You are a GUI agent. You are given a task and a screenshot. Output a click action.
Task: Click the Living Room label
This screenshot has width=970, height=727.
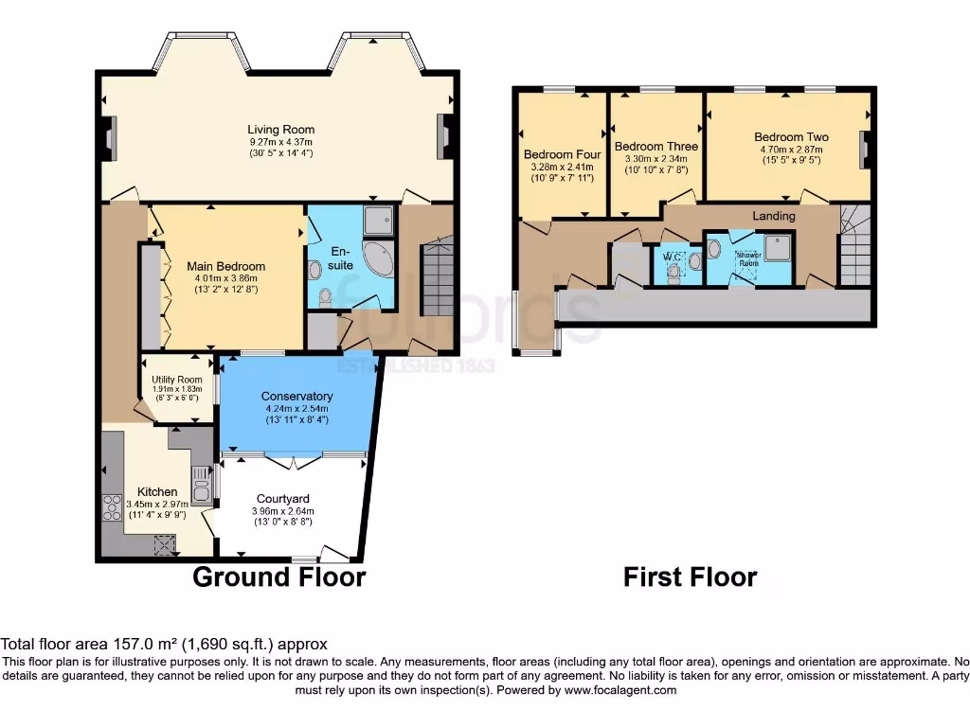[x=280, y=130]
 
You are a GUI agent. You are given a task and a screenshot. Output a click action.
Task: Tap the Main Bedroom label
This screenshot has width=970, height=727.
[x=225, y=266]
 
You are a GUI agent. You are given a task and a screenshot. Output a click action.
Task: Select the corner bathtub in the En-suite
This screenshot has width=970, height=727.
[x=380, y=258]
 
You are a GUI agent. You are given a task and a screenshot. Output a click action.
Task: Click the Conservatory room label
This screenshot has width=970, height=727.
[x=297, y=396]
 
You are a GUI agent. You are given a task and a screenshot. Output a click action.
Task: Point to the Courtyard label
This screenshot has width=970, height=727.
[x=283, y=499]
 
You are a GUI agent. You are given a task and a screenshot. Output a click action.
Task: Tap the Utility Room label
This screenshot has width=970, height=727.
[x=177, y=379]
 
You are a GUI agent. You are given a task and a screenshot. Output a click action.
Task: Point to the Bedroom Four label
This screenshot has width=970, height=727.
[x=562, y=154]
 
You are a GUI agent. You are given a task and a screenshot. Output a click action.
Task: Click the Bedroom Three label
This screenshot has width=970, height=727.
[x=656, y=147]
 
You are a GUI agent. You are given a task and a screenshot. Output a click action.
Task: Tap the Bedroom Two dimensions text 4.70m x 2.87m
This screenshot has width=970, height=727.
[x=790, y=149]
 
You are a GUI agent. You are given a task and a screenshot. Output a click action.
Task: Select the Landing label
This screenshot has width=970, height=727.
[x=774, y=216]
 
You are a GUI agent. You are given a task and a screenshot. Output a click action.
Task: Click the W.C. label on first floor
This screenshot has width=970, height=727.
[x=673, y=256]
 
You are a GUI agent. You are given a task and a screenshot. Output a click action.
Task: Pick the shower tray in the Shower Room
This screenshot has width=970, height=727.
[x=780, y=245]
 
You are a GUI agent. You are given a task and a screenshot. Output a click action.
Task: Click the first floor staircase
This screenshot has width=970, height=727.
[x=854, y=250]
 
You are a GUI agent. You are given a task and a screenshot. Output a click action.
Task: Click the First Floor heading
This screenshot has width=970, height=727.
[x=690, y=576]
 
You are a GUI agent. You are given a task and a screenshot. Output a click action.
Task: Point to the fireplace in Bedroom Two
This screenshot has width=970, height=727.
[x=863, y=149]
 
